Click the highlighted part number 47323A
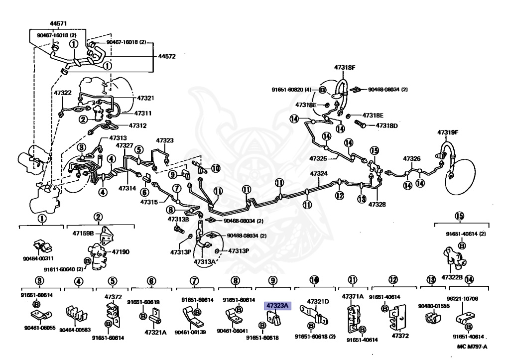pos(277,306)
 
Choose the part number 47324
pos(319,174)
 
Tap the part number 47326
pos(412,159)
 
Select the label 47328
pos(377,205)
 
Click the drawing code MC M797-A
pos(472,347)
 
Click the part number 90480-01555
pos(434,306)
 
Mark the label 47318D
pos(386,125)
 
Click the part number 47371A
pos(353,296)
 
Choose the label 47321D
pos(318,302)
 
